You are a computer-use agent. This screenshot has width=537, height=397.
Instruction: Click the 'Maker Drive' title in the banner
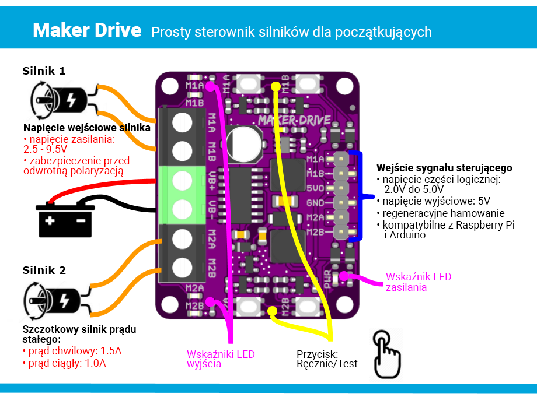[87, 30]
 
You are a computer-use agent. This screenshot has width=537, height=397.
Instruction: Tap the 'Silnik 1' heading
[44, 71]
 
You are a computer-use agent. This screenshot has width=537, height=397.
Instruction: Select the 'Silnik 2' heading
[44, 270]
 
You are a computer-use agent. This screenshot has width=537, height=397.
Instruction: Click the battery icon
[65, 219]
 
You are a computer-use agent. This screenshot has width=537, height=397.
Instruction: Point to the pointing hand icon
[386, 354]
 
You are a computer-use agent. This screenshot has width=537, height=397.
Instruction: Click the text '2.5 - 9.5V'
[45, 149]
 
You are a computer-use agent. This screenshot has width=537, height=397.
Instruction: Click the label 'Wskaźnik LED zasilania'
[419, 282]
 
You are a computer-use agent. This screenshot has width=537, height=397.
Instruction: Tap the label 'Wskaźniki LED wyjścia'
[221, 359]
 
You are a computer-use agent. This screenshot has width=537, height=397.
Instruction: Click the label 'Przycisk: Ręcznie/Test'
[327, 359]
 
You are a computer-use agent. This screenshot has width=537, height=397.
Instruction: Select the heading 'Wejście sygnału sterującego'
[444, 168]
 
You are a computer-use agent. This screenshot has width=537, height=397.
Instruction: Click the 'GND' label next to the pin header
[315, 203]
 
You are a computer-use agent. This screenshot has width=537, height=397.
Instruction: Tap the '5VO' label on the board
[315, 188]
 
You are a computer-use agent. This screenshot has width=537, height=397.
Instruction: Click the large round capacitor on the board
[243, 144]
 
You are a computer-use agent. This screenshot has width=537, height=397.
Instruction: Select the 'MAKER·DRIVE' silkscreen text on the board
[295, 120]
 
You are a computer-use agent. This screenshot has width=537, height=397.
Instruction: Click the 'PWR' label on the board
[327, 279]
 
